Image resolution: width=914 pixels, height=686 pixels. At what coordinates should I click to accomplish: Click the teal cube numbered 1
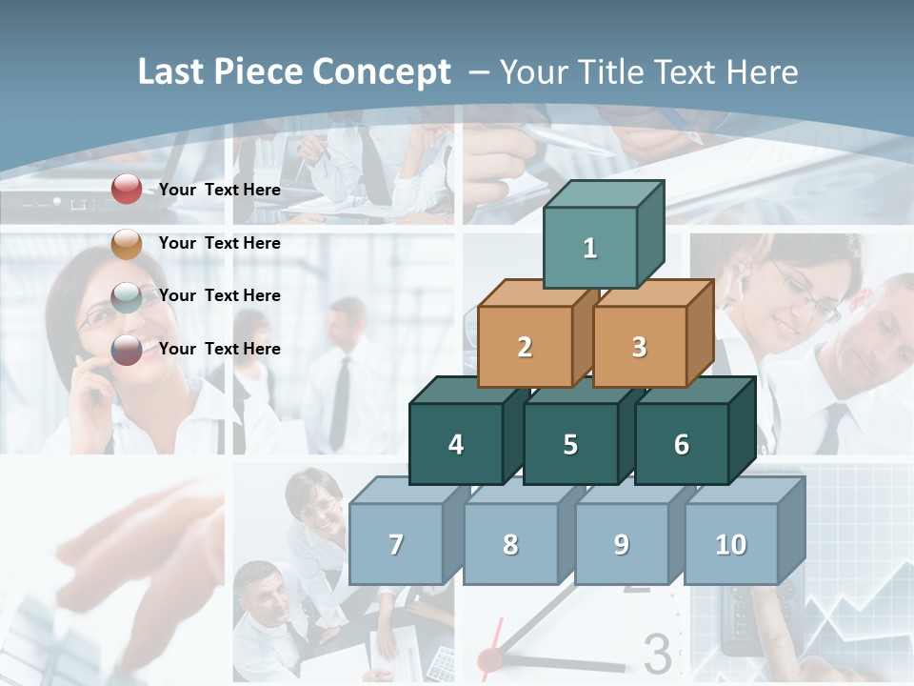click(590, 248)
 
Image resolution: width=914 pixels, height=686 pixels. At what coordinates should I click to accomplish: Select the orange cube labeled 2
click(525, 347)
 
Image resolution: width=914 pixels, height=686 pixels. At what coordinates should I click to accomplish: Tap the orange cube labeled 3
click(639, 347)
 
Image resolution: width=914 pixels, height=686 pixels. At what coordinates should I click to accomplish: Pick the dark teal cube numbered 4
click(456, 444)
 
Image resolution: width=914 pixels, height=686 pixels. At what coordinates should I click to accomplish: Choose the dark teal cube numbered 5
click(570, 444)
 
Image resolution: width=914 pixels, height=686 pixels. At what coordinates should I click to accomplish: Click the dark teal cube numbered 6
click(681, 444)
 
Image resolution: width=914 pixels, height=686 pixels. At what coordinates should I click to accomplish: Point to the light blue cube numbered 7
click(396, 544)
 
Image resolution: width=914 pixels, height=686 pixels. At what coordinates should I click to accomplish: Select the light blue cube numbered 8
click(510, 544)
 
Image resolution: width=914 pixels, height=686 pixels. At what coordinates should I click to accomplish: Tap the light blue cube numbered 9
click(621, 544)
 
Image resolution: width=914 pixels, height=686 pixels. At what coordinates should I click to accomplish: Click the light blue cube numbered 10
click(730, 544)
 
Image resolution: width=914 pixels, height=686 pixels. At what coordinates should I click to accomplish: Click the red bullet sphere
click(127, 190)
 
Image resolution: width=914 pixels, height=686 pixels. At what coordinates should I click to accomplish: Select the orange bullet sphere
click(127, 243)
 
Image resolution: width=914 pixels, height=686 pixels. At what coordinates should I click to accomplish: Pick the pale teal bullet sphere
click(127, 296)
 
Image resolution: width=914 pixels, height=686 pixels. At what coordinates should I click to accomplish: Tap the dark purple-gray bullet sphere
click(127, 350)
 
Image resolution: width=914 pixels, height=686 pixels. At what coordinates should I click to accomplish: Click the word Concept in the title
click(382, 72)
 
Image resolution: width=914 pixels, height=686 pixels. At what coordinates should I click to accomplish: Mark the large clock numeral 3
click(658, 655)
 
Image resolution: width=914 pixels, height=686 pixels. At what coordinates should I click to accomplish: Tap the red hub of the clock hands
click(489, 658)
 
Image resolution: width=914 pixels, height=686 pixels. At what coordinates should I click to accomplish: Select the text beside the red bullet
click(220, 190)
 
